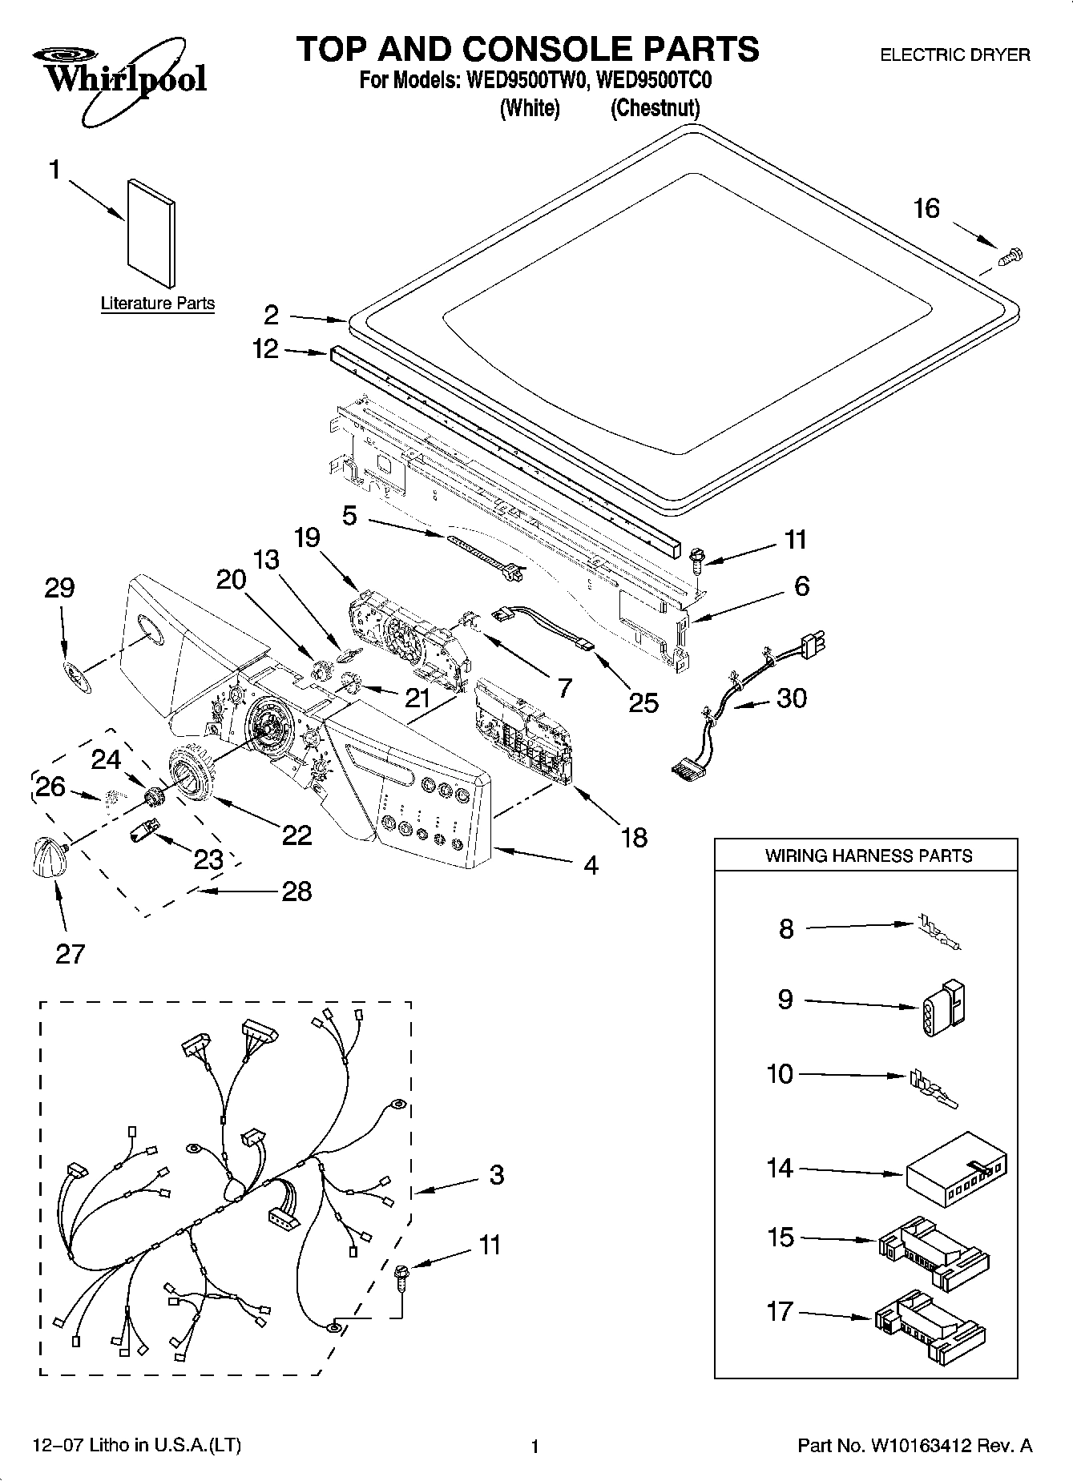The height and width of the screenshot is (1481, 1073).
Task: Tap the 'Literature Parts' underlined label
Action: (x=158, y=304)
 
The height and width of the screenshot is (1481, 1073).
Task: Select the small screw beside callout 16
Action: (x=1013, y=256)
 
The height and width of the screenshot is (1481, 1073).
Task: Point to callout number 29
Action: (x=59, y=587)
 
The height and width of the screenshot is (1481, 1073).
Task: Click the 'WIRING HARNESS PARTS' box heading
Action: (x=868, y=855)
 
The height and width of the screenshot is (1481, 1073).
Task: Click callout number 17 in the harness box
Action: (x=780, y=1312)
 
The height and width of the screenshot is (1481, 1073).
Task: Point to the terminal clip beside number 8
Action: (x=938, y=934)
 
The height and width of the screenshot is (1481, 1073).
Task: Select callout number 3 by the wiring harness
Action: (x=496, y=1175)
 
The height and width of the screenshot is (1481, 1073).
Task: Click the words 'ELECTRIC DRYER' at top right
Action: (x=954, y=54)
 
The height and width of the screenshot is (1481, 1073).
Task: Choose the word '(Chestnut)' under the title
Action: (x=655, y=108)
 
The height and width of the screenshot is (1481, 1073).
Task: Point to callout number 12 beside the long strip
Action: (x=265, y=348)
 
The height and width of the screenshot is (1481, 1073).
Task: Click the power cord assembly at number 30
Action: (x=745, y=697)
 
